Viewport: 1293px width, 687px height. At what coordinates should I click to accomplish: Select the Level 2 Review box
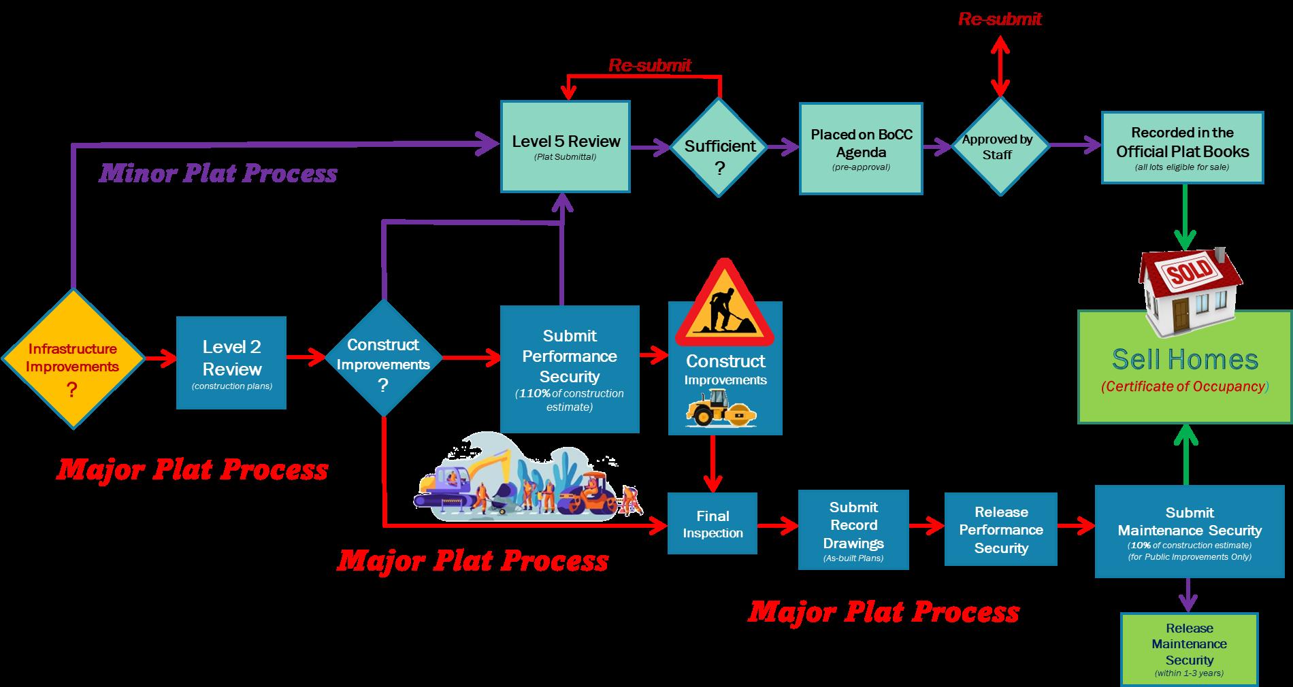tap(231, 363)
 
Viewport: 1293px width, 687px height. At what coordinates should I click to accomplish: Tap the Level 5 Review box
tap(566, 146)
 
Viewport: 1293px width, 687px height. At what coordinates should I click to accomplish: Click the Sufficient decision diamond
tap(719, 147)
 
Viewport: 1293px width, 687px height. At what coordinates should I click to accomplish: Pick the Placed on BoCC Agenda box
tap(861, 149)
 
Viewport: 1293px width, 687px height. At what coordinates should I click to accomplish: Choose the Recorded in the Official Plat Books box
tap(1182, 148)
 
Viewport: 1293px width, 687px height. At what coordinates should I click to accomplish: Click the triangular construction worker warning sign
tap(725, 305)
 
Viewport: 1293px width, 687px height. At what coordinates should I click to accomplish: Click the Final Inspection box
tap(713, 524)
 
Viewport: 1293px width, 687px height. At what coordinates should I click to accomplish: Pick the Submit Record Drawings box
tap(853, 529)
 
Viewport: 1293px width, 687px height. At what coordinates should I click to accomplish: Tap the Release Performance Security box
tap(1000, 529)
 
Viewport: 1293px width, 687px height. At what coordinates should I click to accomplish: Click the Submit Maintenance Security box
tap(1189, 531)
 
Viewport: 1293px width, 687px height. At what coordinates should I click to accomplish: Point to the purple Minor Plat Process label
tap(218, 173)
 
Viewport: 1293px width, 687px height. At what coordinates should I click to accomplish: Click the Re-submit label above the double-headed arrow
tap(1000, 19)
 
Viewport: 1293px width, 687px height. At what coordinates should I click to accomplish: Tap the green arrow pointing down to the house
tap(1185, 218)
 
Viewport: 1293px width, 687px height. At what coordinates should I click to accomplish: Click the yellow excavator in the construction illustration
tap(476, 476)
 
